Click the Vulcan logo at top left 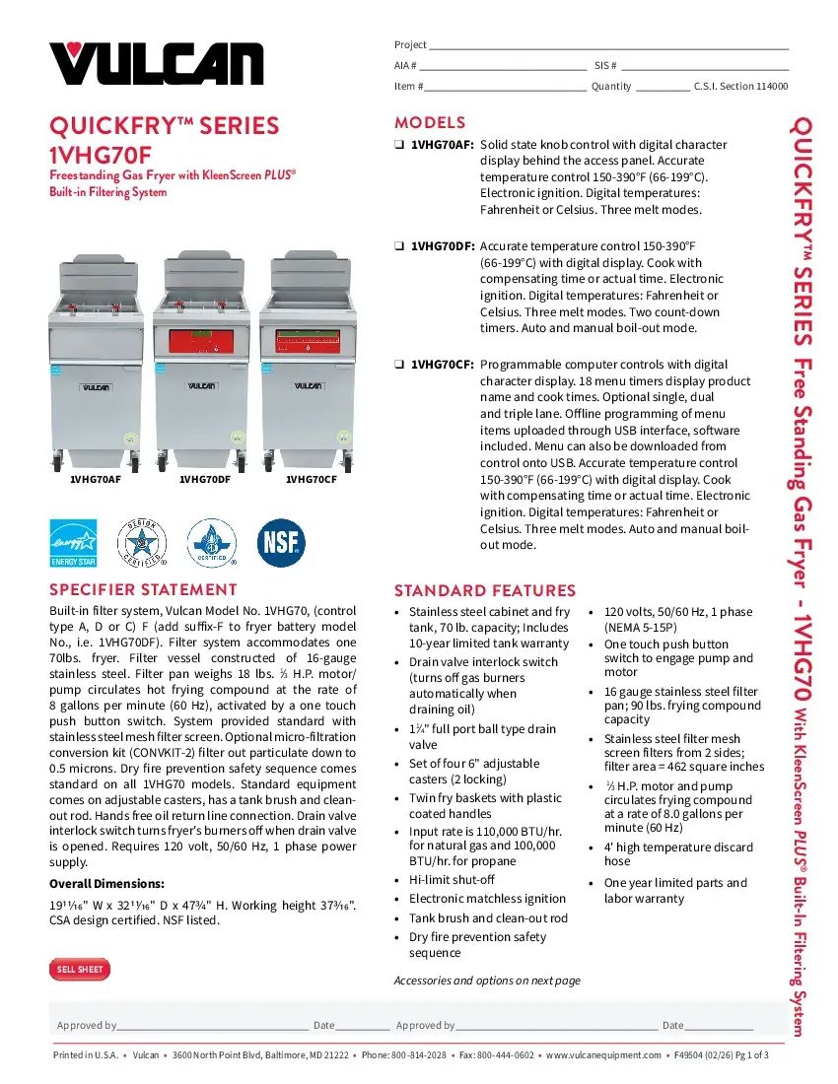point(157,61)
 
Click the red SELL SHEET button point(80,970)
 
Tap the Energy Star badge point(73,543)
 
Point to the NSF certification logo point(281,541)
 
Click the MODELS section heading point(430,123)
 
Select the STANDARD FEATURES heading point(484,591)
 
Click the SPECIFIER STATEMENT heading point(144,590)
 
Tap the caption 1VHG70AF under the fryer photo point(96,480)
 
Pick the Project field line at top point(608,45)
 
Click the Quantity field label point(611,87)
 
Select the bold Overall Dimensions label point(106,883)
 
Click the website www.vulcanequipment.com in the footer point(603,1055)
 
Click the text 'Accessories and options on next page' point(487,981)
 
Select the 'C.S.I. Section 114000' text point(740,87)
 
